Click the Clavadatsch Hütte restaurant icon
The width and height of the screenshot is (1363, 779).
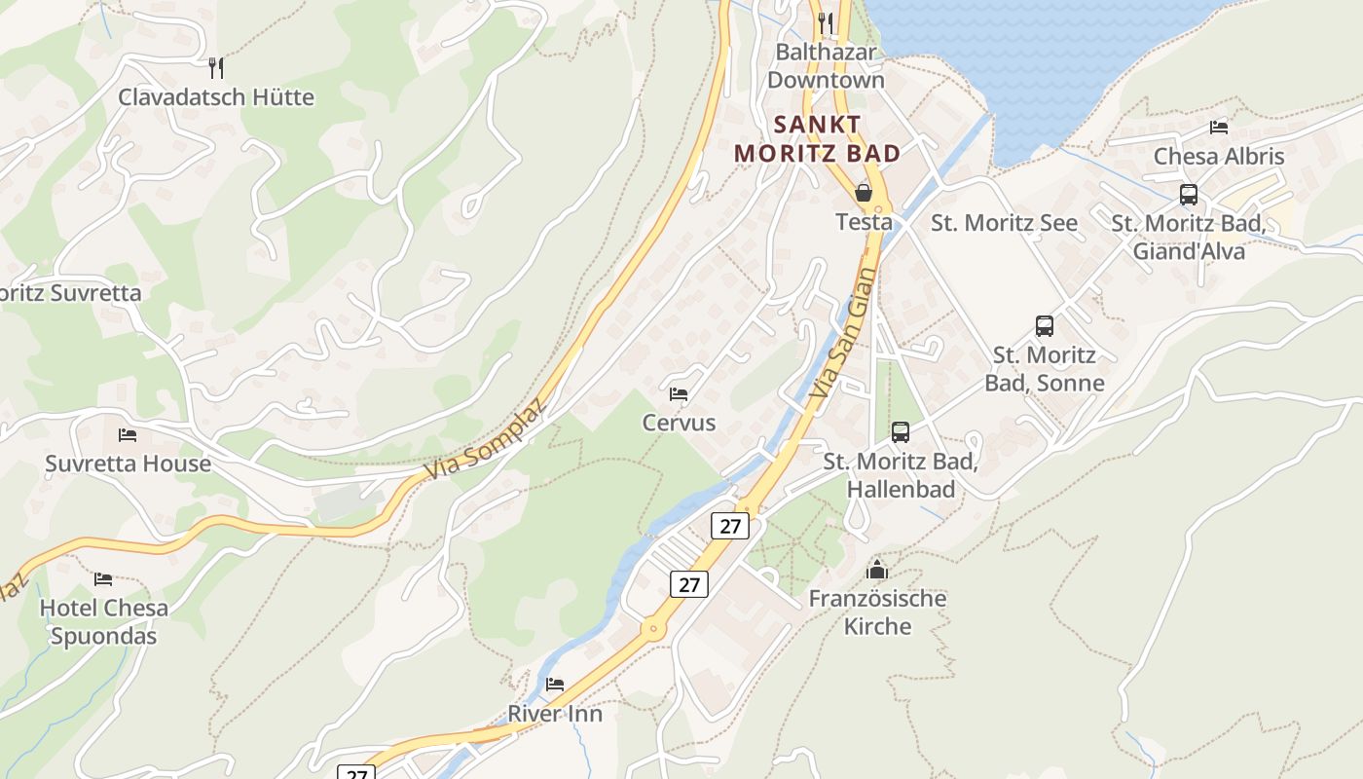[216, 68]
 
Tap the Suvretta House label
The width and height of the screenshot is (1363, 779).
[128, 464]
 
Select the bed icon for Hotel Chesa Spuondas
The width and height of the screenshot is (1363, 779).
[103, 579]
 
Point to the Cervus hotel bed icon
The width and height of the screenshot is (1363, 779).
[679, 394]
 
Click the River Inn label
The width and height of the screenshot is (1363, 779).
[555, 714]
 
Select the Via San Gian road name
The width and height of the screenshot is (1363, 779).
[838, 334]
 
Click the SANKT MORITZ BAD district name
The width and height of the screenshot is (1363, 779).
[817, 139]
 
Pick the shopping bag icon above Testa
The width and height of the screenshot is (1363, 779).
[863, 193]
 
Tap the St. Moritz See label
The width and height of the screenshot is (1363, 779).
[1004, 223]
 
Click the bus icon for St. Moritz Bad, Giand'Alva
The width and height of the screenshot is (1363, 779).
[1188, 195]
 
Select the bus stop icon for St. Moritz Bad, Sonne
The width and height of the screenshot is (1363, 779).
[1044, 326]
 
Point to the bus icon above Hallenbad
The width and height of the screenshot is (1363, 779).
[900, 432]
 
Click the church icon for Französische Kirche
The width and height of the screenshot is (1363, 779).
[877, 570]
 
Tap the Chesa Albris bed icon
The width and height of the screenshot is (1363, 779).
[1218, 128]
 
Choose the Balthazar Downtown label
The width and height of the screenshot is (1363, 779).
[826, 66]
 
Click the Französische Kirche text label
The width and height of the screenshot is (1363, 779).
[877, 612]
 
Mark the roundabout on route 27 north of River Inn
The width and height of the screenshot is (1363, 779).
[653, 629]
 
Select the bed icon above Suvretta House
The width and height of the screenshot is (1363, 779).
[128, 435]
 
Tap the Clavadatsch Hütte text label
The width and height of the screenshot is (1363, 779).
[216, 97]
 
